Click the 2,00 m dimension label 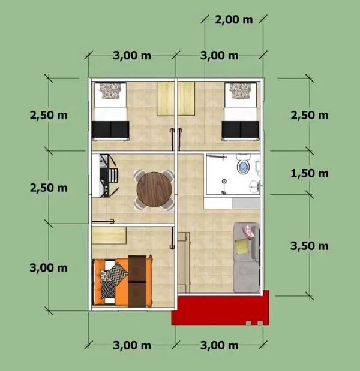click(233, 19)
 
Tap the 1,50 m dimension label click(309, 173)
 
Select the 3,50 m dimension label click(309, 245)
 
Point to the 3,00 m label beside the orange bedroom click(48, 267)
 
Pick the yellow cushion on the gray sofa click(242, 246)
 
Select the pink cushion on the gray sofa click(246, 229)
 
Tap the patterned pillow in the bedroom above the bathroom click(240, 91)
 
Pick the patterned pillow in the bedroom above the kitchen click(110, 91)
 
